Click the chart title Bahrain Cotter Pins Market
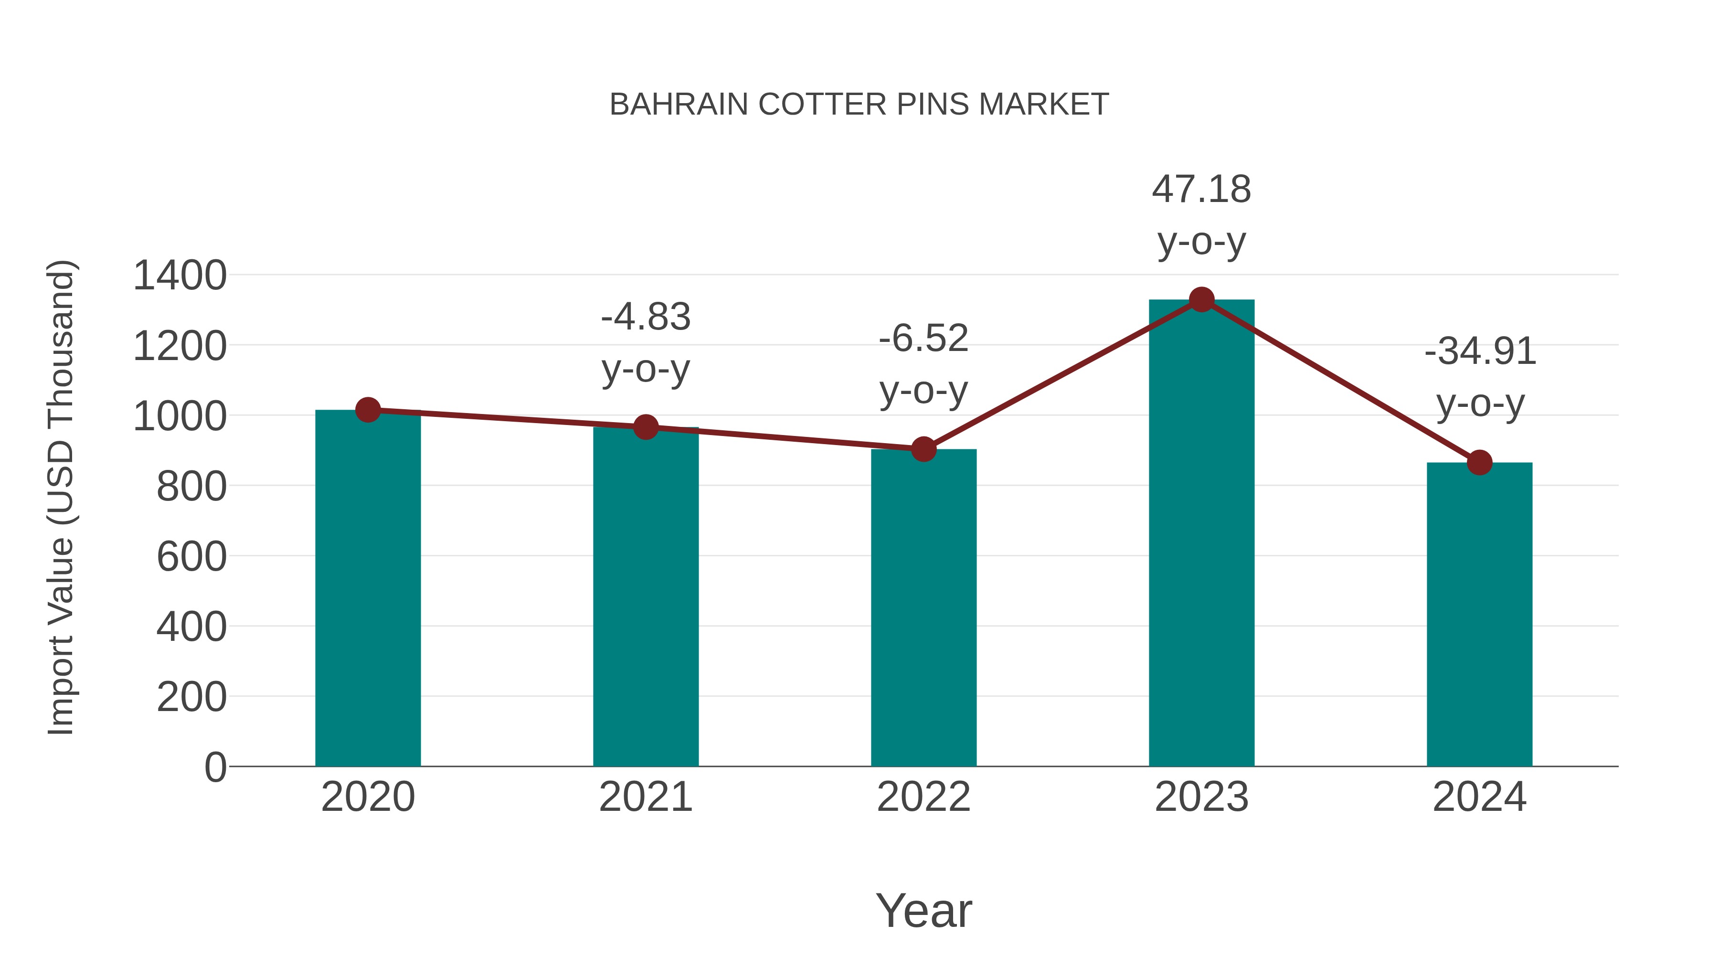[859, 105]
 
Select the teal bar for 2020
[368, 587]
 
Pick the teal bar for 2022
[923, 607]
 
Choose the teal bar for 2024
[1479, 614]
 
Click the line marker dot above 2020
[368, 410]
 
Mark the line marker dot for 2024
[1479, 462]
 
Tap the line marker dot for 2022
[923, 449]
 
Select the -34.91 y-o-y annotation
[1479, 377]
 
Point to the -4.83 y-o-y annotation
[645, 342]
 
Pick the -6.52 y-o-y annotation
[923, 364]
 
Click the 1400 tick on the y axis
[180, 276]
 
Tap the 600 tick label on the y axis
[191, 557]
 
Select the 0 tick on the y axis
[215, 767]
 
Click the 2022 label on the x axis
[923, 797]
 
